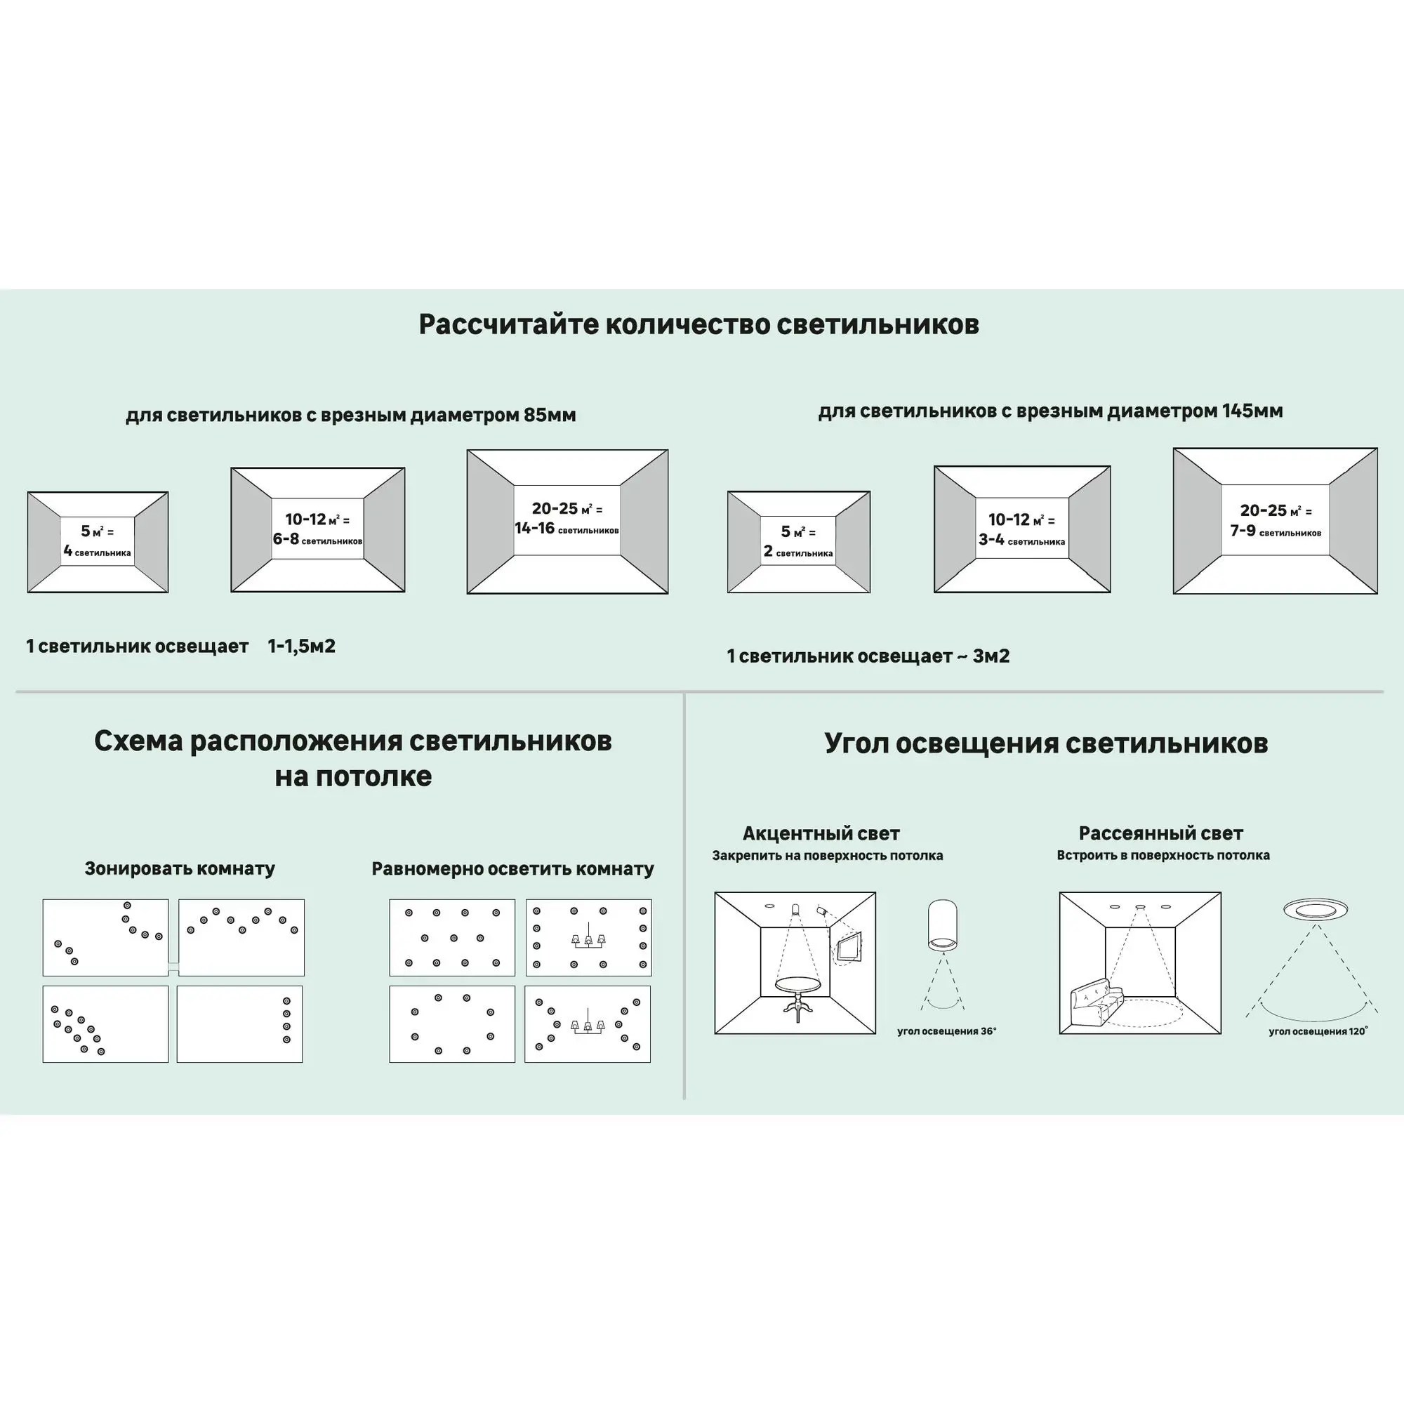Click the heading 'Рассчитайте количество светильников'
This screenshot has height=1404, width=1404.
pos(698,324)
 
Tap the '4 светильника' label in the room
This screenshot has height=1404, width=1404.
pos(98,552)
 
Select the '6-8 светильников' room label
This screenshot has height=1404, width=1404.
pos(317,539)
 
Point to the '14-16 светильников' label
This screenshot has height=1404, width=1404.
pos(567,529)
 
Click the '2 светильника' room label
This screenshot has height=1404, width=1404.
pos(798,552)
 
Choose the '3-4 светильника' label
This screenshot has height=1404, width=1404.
pos(1021,540)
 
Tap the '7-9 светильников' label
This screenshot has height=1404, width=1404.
pos(1276,531)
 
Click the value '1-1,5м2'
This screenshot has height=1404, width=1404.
pos(302,646)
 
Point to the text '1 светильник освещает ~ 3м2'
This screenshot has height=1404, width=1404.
pos(868,656)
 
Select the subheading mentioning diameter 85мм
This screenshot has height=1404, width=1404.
pos(350,415)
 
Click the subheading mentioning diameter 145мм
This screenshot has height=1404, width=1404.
pos(1050,411)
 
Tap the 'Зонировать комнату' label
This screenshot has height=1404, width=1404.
pos(180,868)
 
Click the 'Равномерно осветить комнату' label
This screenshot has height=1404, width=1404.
pos(512,869)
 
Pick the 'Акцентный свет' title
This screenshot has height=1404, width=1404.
pos(821,833)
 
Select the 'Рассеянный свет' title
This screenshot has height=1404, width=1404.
pos(1160,833)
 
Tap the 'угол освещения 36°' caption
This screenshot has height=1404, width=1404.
pos(946,1031)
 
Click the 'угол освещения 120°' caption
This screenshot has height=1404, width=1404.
pos(1318,1031)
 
